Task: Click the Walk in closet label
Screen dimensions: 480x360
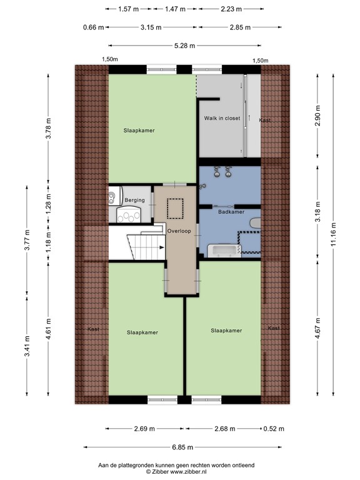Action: point(221,118)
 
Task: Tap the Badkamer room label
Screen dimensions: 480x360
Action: point(231,212)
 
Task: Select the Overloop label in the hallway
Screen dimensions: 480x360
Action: point(179,231)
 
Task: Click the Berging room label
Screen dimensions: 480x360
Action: point(134,200)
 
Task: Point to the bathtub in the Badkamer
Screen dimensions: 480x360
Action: point(224,251)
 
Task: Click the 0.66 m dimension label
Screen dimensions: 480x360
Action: point(92,27)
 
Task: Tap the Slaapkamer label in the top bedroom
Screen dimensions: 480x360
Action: point(139,131)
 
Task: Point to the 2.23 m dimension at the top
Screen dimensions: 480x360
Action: point(231,9)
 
